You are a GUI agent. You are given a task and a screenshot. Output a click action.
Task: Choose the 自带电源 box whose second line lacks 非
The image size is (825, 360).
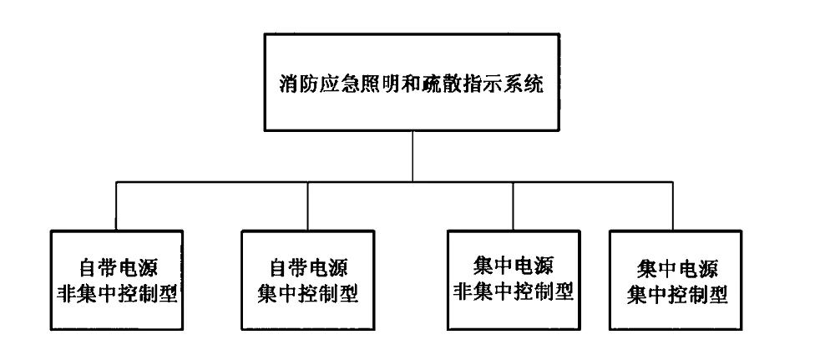[x=309, y=280]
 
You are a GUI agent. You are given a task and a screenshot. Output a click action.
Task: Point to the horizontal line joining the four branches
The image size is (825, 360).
[x=251, y=181]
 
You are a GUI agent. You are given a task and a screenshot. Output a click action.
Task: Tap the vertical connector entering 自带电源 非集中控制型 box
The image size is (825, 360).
[x=116, y=205]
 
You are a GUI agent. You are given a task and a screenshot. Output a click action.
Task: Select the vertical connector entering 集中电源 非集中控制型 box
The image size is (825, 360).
[x=513, y=205]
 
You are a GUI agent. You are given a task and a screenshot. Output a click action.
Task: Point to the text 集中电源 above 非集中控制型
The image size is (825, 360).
[x=512, y=267]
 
